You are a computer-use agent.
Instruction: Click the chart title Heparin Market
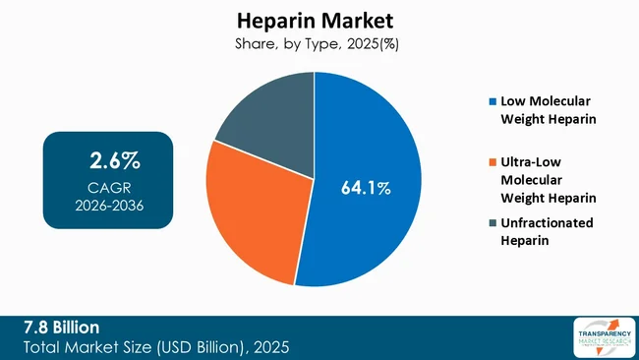tap(315, 21)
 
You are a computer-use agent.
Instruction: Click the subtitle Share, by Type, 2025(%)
tap(315, 44)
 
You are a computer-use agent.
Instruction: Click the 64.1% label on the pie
tap(366, 188)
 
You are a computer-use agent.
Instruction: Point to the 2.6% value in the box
tap(108, 159)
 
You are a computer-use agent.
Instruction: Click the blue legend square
tap(492, 101)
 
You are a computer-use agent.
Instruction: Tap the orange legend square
tap(492, 161)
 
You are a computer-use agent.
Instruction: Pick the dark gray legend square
tap(492, 222)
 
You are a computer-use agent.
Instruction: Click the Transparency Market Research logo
tap(601, 337)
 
